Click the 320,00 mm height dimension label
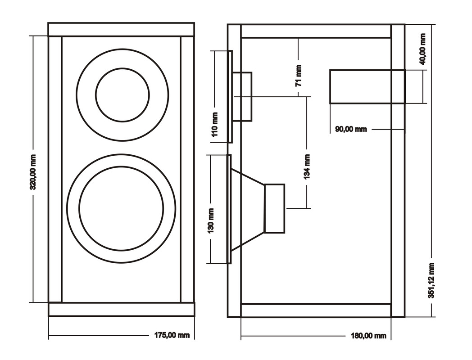[33, 172]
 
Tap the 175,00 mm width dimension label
[172, 335]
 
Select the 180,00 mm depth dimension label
[368, 336]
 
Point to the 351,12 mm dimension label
[431, 280]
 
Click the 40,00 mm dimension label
[422, 49]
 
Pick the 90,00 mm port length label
[351, 129]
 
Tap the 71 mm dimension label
[298, 76]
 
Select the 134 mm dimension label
[307, 166]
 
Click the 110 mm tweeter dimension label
[215, 124]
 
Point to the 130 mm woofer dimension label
[210, 221]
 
